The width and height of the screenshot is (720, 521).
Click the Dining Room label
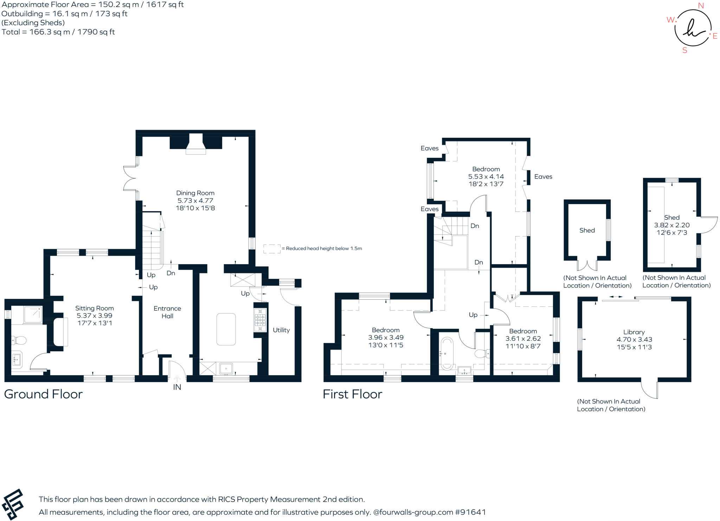click(x=195, y=193)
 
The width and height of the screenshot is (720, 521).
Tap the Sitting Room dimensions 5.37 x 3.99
click(x=94, y=315)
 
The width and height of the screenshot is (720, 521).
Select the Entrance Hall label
click(x=167, y=312)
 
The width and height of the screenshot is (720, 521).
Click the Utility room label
click(x=281, y=330)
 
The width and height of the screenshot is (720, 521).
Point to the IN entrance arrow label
click(x=177, y=387)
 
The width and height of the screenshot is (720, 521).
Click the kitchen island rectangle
click(x=226, y=329)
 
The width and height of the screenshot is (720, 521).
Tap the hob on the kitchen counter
click(x=260, y=320)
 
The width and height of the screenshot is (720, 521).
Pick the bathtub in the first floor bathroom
click(x=447, y=353)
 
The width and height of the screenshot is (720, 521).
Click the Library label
click(x=634, y=332)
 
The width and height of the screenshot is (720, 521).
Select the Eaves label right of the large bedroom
click(x=543, y=177)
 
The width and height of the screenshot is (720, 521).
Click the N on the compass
click(x=701, y=6)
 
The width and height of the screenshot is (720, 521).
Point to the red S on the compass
click(x=684, y=50)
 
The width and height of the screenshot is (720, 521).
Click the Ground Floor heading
click(x=43, y=394)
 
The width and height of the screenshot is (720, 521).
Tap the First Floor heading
click(x=352, y=394)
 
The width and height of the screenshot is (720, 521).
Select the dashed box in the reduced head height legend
click(x=272, y=249)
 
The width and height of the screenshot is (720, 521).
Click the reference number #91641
click(x=470, y=512)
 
